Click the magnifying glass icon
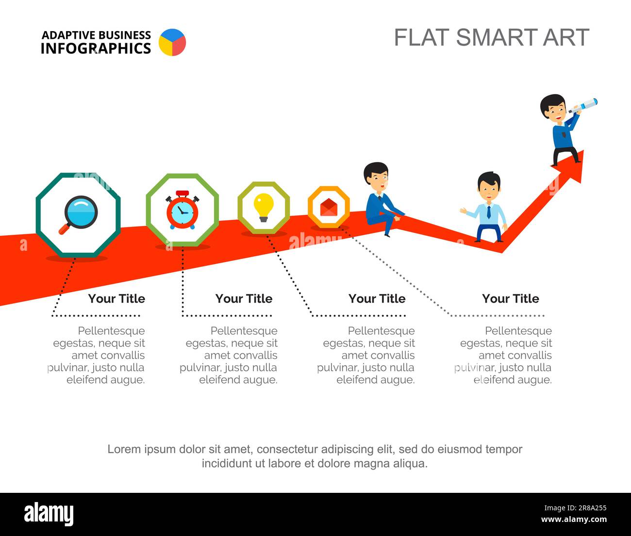point(79,214)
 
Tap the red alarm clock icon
point(182,210)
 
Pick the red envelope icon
point(329,207)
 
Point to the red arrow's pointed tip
point(583,150)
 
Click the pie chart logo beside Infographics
point(172,42)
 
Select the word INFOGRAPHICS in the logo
point(96,48)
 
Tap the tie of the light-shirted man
point(489,212)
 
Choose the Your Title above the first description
point(116,298)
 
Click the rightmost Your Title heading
point(511,298)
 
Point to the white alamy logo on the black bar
point(49,514)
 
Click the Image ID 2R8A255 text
point(576,508)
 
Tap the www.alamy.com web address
point(574,519)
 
